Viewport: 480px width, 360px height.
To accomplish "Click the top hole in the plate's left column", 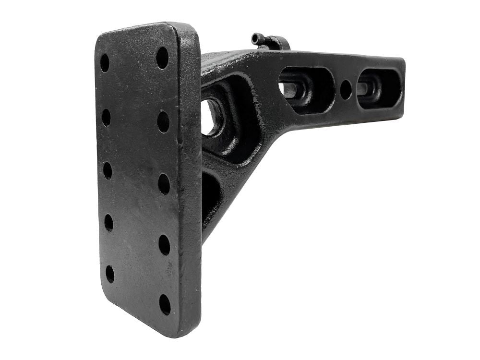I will (105, 63).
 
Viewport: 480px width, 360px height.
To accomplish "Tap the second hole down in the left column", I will (106, 117).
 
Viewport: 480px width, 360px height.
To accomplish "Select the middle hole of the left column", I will (108, 170).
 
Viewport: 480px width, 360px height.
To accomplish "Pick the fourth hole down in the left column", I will (109, 223).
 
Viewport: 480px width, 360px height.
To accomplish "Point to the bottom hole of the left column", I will (110, 274).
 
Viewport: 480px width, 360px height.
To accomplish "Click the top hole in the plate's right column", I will (162, 58).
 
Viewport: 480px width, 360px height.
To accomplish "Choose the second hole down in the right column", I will (163, 122).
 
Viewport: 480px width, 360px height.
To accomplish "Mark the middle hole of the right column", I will (164, 184).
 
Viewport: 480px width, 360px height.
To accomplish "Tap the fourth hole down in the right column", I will (164, 245).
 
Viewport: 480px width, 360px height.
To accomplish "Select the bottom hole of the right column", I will (165, 304).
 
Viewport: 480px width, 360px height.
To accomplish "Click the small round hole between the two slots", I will (346, 90).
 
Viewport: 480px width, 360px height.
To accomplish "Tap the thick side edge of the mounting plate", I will (192, 182).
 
